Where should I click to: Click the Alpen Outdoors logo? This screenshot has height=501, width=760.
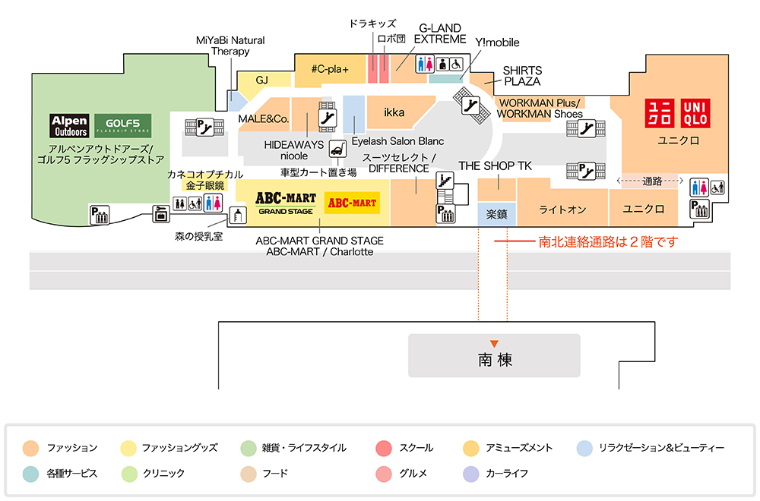(70, 125)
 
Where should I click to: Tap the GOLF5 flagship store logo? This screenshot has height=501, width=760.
(123, 125)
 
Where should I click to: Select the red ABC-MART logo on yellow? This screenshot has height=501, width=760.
(351, 203)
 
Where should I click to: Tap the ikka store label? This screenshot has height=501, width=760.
(394, 113)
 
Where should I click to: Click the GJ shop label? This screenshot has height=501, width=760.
(262, 80)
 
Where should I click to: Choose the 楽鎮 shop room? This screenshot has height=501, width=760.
(497, 215)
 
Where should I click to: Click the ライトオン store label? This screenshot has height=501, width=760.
(562, 210)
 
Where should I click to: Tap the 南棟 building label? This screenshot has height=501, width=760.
(495, 360)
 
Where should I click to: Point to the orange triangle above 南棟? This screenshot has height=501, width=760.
(495, 344)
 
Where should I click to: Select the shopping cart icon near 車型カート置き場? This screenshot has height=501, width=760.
(335, 150)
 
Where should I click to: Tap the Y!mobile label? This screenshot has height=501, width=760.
(497, 43)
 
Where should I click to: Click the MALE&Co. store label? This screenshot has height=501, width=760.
(264, 119)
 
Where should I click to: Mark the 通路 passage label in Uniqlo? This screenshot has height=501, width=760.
(652, 181)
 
